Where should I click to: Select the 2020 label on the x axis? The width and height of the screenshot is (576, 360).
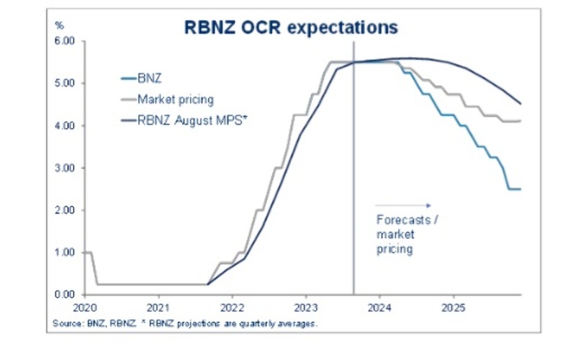[x=85, y=307]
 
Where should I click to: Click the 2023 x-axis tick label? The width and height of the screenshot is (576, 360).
[x=305, y=307]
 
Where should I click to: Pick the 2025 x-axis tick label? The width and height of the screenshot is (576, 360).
[x=453, y=307]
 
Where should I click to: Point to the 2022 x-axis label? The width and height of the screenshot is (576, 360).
[x=232, y=307]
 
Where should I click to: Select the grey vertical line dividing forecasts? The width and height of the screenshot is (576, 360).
[x=354, y=180]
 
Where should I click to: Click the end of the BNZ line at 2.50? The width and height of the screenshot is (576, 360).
[x=520, y=189]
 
